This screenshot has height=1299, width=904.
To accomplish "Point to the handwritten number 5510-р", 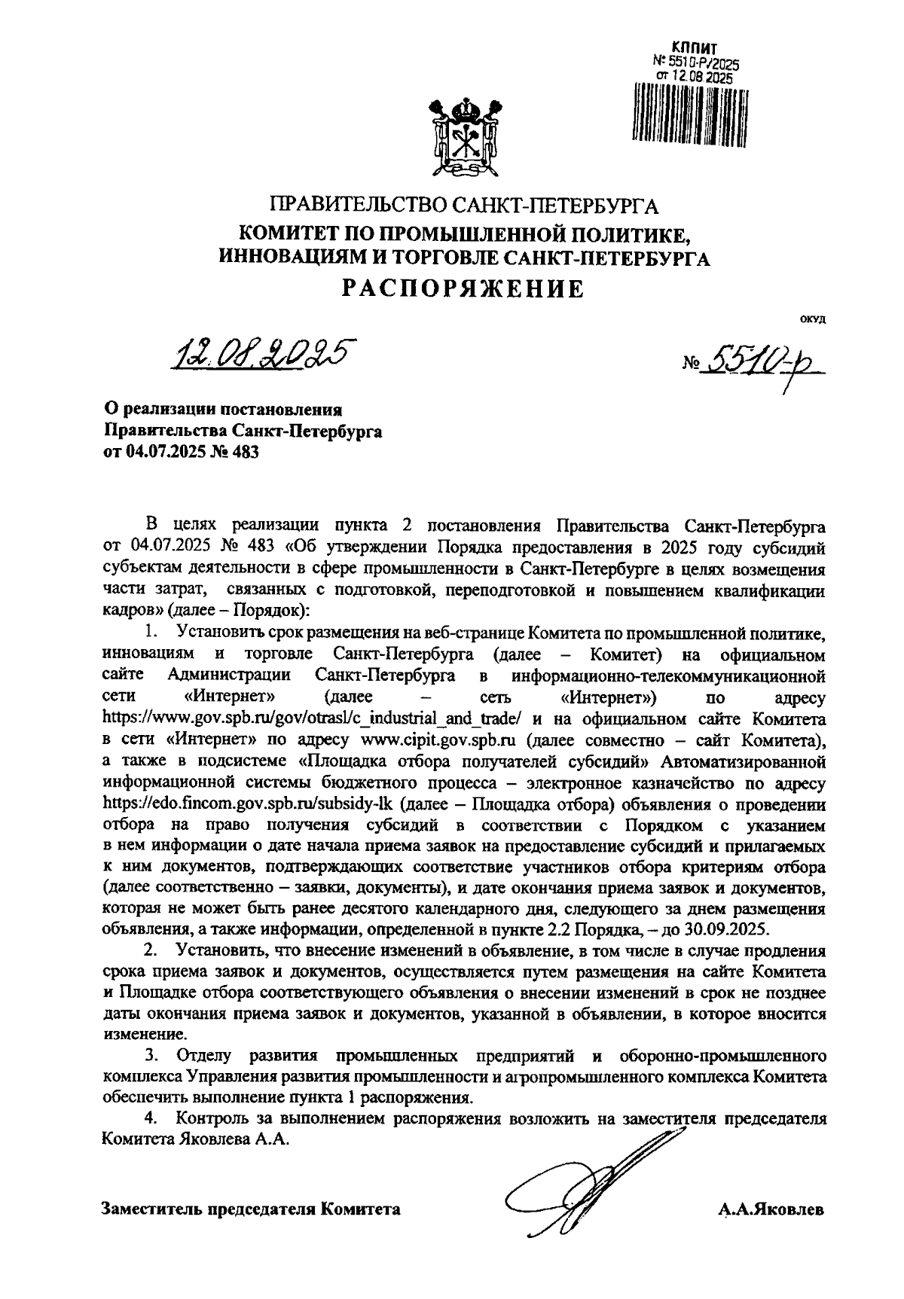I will (x=761, y=364).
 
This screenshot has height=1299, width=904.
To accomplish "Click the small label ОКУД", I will (x=813, y=320).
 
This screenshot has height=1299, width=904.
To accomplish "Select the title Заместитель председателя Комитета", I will (x=251, y=1209).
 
